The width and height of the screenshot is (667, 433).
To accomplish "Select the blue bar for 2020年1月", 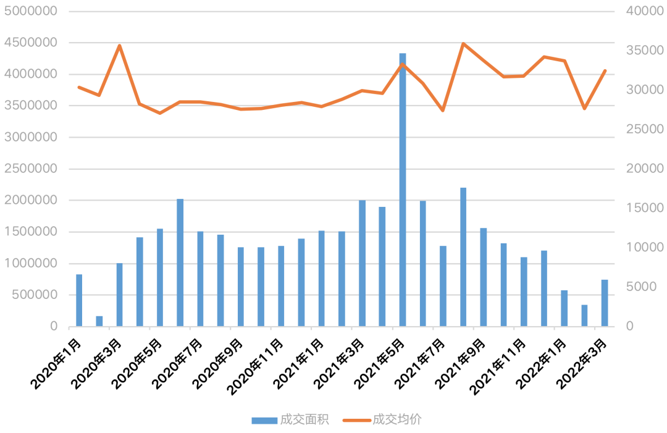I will pos(79,300).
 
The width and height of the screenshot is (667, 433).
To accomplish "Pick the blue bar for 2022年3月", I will pos(605,303).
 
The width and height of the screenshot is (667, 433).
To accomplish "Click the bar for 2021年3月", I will pos(362,263).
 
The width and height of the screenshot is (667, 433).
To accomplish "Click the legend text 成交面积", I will pos(304,420).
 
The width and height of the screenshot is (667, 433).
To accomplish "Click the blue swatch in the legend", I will pos(264,421).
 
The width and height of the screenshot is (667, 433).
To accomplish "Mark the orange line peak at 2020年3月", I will pos(119,45).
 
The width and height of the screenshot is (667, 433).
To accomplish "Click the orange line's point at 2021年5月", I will pos(403,64).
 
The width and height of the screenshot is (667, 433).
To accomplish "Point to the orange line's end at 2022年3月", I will pos(605,70).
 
